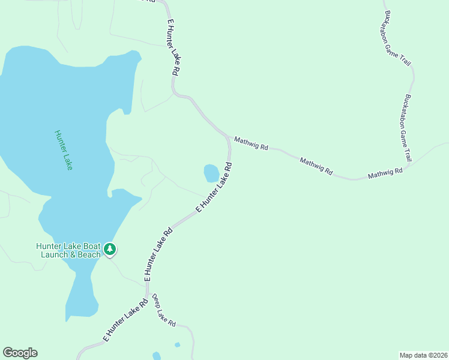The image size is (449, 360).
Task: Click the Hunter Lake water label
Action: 63,150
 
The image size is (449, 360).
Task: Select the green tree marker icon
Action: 109,249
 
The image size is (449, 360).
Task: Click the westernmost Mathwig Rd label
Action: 251,143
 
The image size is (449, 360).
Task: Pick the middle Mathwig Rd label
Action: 316,166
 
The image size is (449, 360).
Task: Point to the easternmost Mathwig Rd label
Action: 385,174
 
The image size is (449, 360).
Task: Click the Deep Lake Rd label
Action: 163,311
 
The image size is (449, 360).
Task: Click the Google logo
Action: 20,353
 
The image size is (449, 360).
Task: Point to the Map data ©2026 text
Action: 423,355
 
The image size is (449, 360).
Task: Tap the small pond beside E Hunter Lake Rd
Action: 211,173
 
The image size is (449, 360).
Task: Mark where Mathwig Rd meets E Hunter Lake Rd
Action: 227,136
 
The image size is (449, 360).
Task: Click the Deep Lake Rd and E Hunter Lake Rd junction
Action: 148,295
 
